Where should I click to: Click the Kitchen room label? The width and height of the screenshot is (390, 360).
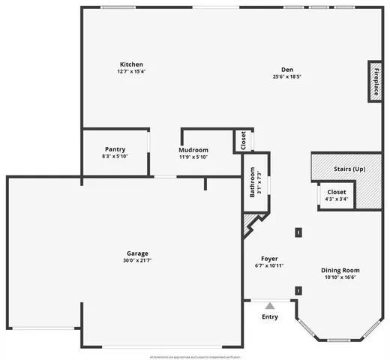[x=130, y=64]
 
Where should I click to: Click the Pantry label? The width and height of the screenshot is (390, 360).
[x=115, y=149]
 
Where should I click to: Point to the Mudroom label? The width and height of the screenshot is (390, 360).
[x=193, y=149]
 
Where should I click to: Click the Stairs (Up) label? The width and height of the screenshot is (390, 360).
[x=349, y=169]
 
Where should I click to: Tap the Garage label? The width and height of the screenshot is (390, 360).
[x=137, y=253]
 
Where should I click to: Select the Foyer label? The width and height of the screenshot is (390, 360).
[x=269, y=259]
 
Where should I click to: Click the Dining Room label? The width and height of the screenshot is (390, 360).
[x=340, y=270]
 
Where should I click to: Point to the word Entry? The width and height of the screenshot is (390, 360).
[x=269, y=316]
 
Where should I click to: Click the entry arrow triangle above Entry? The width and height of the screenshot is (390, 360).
[x=269, y=305]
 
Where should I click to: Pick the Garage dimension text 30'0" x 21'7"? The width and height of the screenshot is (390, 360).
[x=137, y=260]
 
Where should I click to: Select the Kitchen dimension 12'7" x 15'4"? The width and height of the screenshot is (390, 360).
[x=130, y=72]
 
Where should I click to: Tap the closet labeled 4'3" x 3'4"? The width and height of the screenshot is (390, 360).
[x=337, y=195]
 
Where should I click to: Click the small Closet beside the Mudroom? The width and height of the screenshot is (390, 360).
[x=243, y=140]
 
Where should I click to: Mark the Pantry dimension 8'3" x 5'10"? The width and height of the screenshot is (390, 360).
[x=115, y=157]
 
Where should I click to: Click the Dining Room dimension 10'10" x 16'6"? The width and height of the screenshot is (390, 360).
[x=340, y=277]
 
